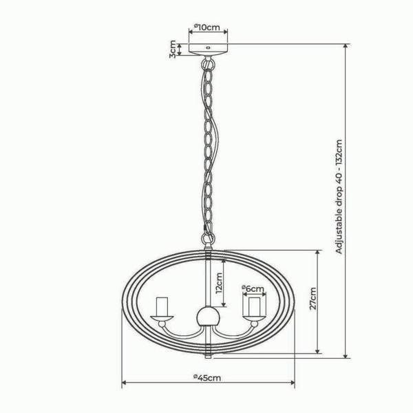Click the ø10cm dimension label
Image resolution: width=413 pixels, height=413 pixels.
pyautogui.click(x=207, y=27)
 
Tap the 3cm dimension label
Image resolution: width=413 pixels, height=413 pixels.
pyautogui.click(x=173, y=49)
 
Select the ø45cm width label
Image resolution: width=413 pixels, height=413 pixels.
pyautogui.click(x=207, y=378)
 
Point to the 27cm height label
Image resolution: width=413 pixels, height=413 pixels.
pyautogui.click(x=313, y=299)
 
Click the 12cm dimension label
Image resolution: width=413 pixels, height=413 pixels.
pyautogui.click(x=219, y=283)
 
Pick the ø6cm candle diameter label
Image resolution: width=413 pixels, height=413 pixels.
pyautogui.click(x=253, y=289)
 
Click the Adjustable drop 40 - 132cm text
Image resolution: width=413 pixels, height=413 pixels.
pyautogui.click(x=339, y=196)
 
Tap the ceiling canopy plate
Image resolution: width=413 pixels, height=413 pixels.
pyautogui.click(x=208, y=50)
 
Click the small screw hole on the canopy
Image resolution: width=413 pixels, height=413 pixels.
pyautogui.click(x=208, y=47)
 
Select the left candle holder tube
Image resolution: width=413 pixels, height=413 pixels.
pyautogui.click(x=162, y=306)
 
